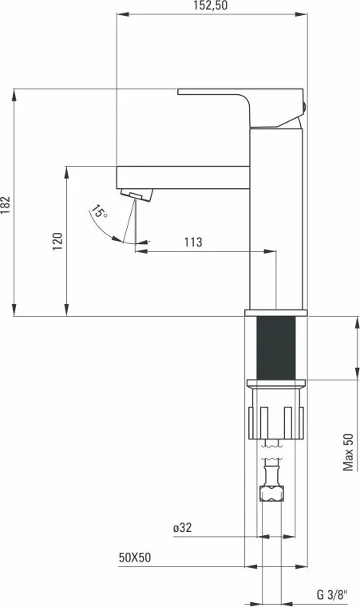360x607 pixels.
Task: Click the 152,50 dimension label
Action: (211, 6)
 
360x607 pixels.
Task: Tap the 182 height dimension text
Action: (6, 205)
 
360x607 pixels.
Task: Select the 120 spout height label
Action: (57, 241)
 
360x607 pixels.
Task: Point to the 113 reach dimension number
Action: (193, 242)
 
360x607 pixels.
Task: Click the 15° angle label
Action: (99, 211)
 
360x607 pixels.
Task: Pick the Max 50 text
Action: (348, 451)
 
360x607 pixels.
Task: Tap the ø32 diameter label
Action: (182, 528)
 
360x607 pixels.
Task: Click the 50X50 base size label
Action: (135, 558)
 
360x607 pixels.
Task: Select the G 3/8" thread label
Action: (333, 594)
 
